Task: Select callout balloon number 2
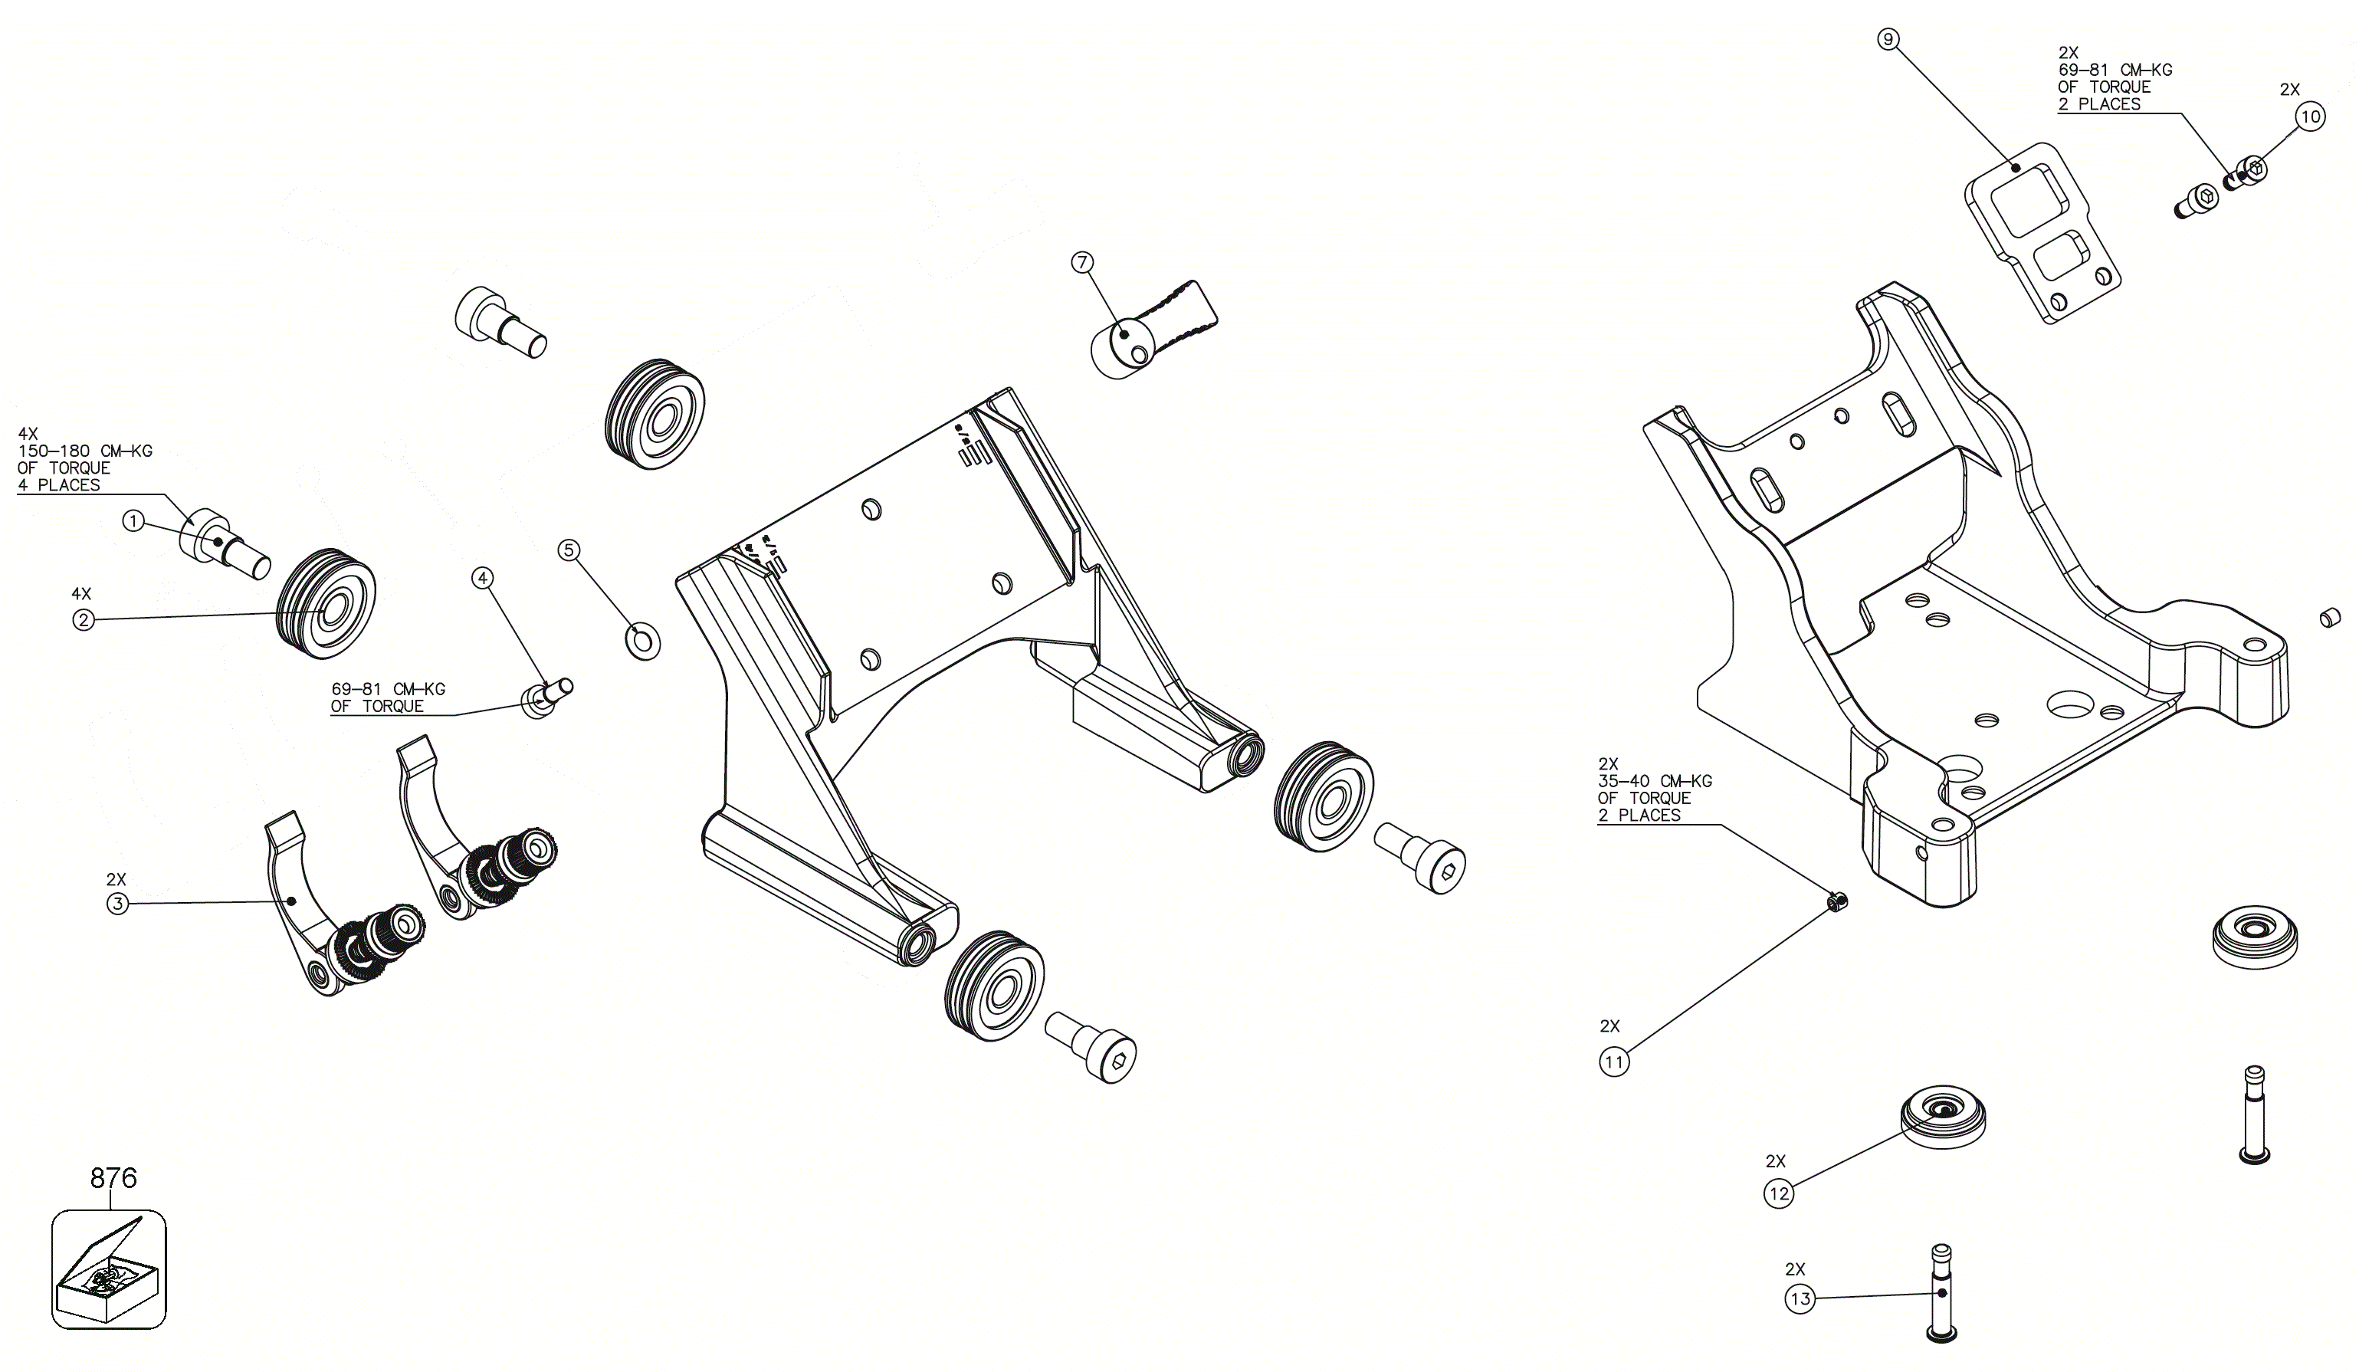(x=84, y=619)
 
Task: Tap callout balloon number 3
(x=117, y=904)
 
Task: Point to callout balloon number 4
(x=482, y=578)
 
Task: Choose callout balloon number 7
(x=1082, y=262)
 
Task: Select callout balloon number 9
(x=1888, y=39)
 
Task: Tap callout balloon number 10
(x=2310, y=117)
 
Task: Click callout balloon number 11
(x=1614, y=1062)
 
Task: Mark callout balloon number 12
(x=1779, y=1193)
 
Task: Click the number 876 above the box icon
(x=113, y=1177)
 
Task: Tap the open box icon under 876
(x=109, y=1269)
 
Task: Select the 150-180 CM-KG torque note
(x=84, y=460)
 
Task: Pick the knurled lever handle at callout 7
(x=1153, y=329)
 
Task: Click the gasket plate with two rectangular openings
(x=2042, y=233)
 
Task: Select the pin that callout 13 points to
(x=1942, y=1292)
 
